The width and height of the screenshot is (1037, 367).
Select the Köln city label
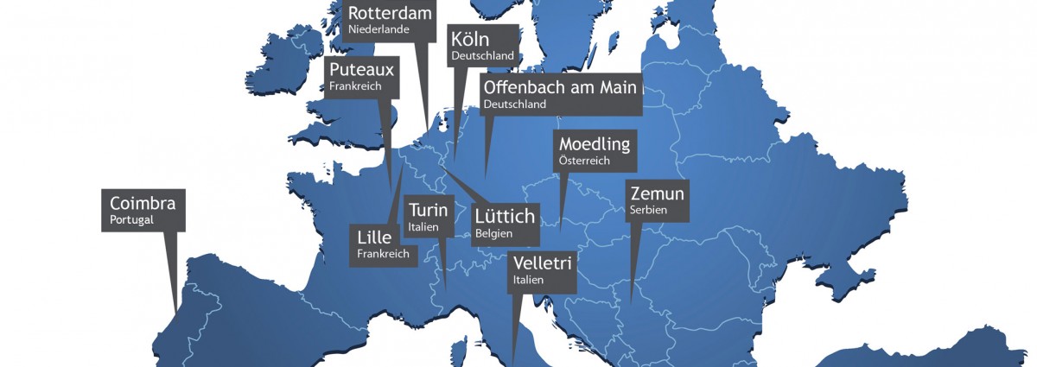tap(470, 40)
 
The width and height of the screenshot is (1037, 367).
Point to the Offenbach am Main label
tap(560, 87)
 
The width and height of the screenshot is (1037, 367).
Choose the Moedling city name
tap(595, 144)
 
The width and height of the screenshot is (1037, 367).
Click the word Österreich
tap(584, 161)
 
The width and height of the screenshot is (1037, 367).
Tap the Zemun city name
tap(657, 193)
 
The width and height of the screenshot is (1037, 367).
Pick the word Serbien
tap(648, 210)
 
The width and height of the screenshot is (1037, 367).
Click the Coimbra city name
tap(143, 204)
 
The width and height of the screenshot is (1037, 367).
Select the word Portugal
tap(131, 220)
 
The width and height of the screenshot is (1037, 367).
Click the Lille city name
tap(374, 237)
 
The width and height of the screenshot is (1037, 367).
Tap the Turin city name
tap(428, 211)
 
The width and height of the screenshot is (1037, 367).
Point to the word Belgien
tap(493, 233)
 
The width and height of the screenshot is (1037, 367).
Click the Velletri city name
tap(542, 263)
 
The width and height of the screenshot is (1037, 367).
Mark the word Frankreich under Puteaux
tap(355, 86)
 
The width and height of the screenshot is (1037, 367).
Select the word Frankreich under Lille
tap(383, 254)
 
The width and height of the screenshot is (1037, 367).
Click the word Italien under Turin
tap(423, 227)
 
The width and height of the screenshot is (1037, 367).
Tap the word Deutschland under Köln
tap(481, 55)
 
